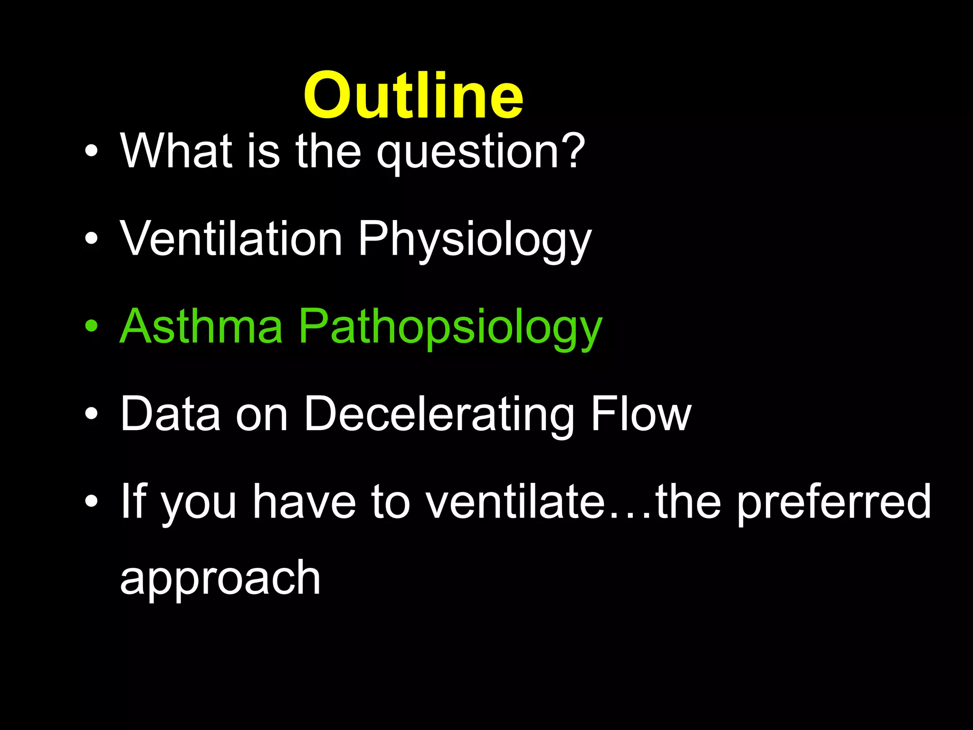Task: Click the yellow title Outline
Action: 413,95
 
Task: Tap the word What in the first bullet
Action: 176,151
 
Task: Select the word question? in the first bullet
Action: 480,153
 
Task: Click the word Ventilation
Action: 231,239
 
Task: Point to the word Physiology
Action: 475,240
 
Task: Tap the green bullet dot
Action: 91,327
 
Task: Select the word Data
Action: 170,414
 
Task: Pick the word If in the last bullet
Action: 133,501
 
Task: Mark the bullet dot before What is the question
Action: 91,151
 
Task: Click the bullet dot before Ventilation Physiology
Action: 91,239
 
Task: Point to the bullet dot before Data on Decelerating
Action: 91,414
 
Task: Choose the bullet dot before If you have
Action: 91,502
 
